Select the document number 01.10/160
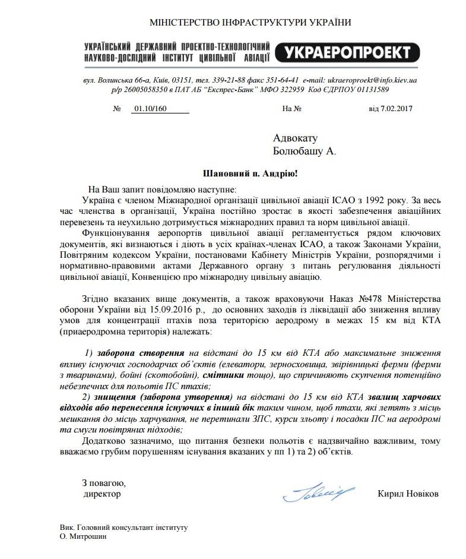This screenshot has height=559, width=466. [151, 109]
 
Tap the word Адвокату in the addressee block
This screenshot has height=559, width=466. [296, 138]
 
